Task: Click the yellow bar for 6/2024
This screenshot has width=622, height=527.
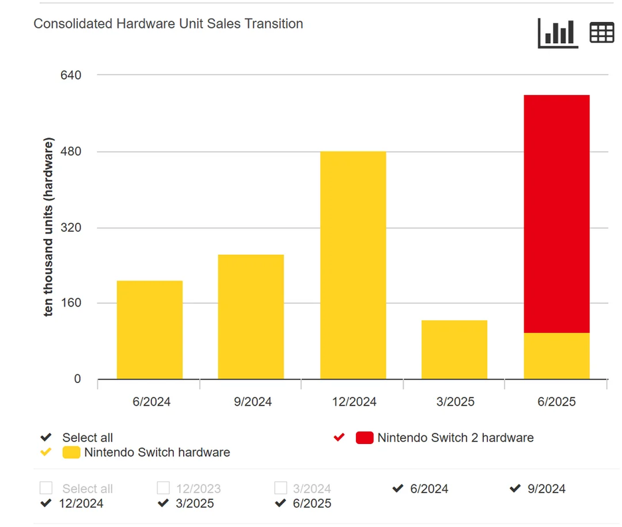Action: pyautogui.click(x=149, y=330)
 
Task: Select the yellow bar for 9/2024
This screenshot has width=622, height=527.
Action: pyautogui.click(x=251, y=317)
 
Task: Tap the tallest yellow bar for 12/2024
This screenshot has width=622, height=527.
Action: pyautogui.click(x=352, y=265)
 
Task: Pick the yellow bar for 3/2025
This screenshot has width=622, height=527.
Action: pyautogui.click(x=454, y=350)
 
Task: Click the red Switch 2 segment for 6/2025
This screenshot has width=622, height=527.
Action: pyautogui.click(x=556, y=214)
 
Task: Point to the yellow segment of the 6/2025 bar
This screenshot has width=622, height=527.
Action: pyautogui.click(x=556, y=356)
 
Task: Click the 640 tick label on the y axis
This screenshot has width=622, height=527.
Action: pyautogui.click(x=70, y=75)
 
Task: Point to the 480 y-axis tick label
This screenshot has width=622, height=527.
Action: pyautogui.click(x=70, y=151)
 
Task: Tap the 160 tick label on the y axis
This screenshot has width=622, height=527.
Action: pyautogui.click(x=70, y=303)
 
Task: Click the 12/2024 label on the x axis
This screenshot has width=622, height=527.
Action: pyautogui.click(x=352, y=402)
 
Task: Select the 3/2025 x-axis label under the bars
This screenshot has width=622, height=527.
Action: pyautogui.click(x=454, y=402)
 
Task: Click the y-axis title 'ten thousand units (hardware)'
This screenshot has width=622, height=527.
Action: pyautogui.click(x=49, y=228)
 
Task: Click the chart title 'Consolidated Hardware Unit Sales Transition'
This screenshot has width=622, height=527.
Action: pyautogui.click(x=168, y=24)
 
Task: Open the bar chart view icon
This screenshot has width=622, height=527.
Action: pyautogui.click(x=558, y=33)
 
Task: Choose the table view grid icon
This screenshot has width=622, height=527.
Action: pyautogui.click(x=601, y=33)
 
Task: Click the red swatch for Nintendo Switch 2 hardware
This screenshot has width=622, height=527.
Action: pyautogui.click(x=364, y=437)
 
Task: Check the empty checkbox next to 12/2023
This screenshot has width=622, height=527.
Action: pyautogui.click(x=163, y=489)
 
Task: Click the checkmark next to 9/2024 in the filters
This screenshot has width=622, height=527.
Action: pyautogui.click(x=515, y=489)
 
